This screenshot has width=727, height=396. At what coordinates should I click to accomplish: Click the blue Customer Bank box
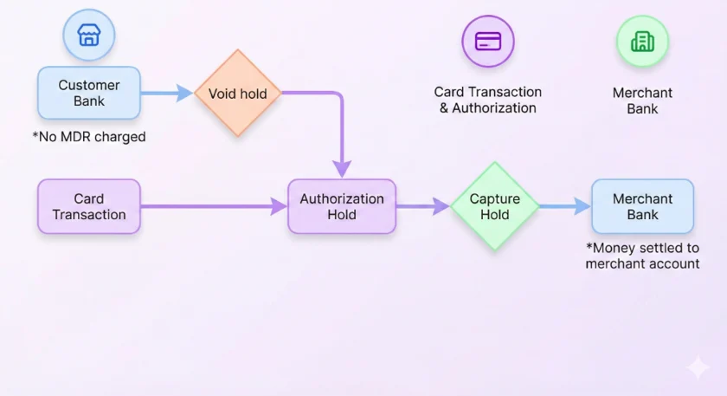[89, 93]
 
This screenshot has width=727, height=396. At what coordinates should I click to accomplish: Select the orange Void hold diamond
[238, 93]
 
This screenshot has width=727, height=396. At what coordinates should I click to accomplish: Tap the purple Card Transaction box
[89, 206]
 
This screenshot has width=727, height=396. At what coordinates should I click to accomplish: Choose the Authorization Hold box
[342, 206]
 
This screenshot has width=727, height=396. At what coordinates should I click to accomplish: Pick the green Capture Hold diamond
[495, 206]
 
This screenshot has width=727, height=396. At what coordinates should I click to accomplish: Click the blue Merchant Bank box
[642, 206]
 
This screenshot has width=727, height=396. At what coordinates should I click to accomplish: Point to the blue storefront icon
[89, 35]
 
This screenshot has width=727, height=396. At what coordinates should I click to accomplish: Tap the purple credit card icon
[488, 42]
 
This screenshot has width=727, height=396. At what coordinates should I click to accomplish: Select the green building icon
[642, 42]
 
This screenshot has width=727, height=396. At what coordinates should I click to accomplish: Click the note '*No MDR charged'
[89, 137]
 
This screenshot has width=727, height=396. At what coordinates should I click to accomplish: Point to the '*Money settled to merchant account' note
[642, 256]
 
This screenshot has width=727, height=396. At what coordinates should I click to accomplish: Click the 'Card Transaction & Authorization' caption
[488, 100]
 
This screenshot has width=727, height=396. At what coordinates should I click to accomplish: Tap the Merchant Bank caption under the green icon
[642, 101]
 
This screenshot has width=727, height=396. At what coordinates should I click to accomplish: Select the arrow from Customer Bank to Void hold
[167, 93]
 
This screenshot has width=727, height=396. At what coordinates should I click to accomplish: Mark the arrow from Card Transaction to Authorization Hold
[214, 206]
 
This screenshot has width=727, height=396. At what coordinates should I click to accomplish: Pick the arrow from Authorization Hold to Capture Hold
[423, 206]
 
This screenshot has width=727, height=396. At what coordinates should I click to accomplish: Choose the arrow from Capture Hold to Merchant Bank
[565, 206]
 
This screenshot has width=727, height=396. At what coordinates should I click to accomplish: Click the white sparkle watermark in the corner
[698, 367]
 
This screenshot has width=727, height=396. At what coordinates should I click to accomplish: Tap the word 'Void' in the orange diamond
[219, 94]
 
